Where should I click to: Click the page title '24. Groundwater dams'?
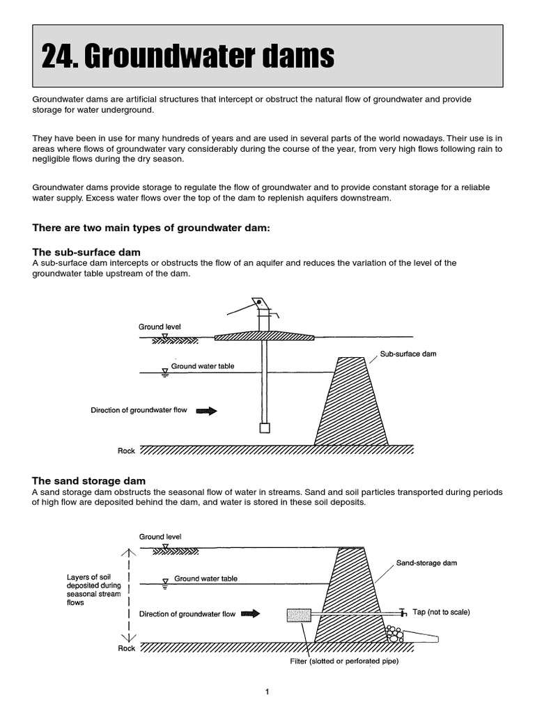187,57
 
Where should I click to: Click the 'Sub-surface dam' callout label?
408,354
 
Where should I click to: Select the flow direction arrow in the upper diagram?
207,411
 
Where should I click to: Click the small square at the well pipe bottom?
264,428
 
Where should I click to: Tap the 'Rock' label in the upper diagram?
126,451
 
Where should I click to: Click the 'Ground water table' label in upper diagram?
203,366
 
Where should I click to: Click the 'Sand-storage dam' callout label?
426,563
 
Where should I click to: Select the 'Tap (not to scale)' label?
441,612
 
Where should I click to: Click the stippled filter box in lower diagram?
299,616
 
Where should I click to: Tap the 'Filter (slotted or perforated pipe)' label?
344,661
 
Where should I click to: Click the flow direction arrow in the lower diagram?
250,614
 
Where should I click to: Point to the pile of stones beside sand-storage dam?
395,634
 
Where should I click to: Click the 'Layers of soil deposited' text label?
93,590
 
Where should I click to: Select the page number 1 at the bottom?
267,691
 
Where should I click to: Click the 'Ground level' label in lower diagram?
160,537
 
